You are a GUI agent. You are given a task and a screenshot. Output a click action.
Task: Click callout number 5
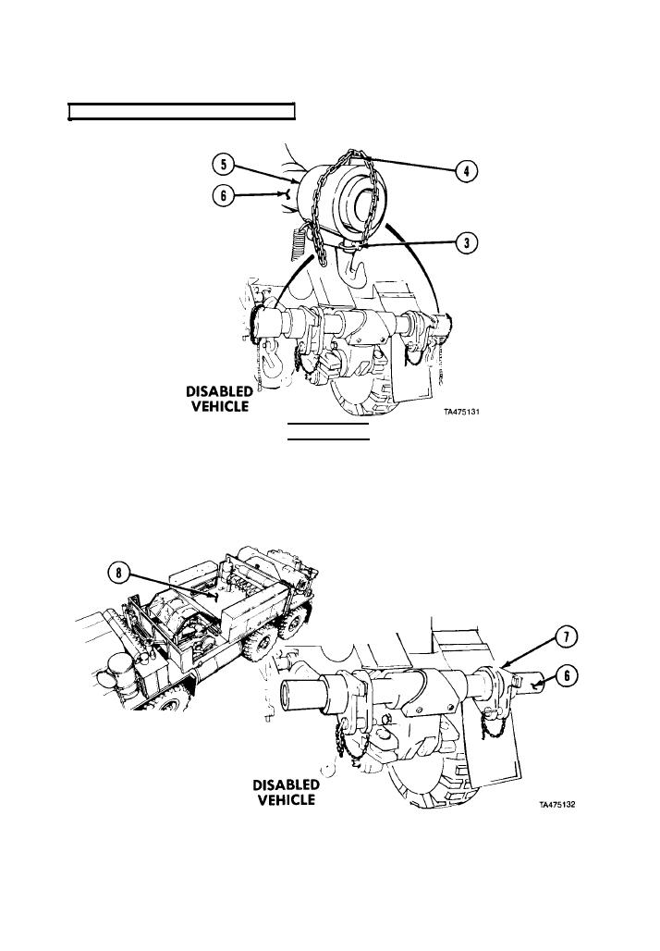point(222,167)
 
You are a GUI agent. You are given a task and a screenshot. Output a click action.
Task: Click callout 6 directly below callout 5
point(222,194)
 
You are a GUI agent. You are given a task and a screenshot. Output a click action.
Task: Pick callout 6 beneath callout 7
point(571,676)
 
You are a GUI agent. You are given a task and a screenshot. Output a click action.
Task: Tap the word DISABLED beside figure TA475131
point(219,392)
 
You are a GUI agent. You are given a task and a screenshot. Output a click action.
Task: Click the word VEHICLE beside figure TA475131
point(219,408)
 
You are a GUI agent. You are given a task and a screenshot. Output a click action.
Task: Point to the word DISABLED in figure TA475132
point(286,784)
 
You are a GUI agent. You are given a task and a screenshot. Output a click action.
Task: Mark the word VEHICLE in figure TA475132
point(286,800)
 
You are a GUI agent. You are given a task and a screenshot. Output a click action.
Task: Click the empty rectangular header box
point(181,112)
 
